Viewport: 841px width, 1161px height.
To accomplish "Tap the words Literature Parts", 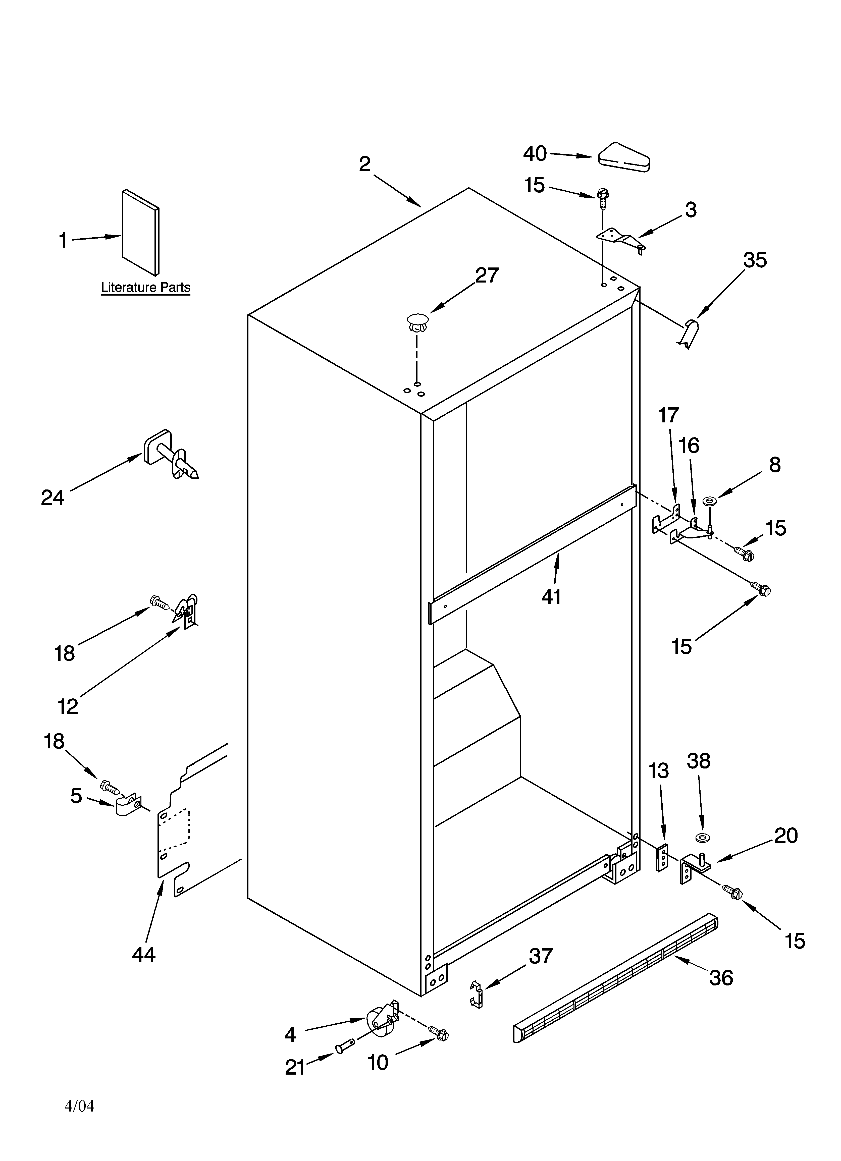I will pos(145,288).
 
